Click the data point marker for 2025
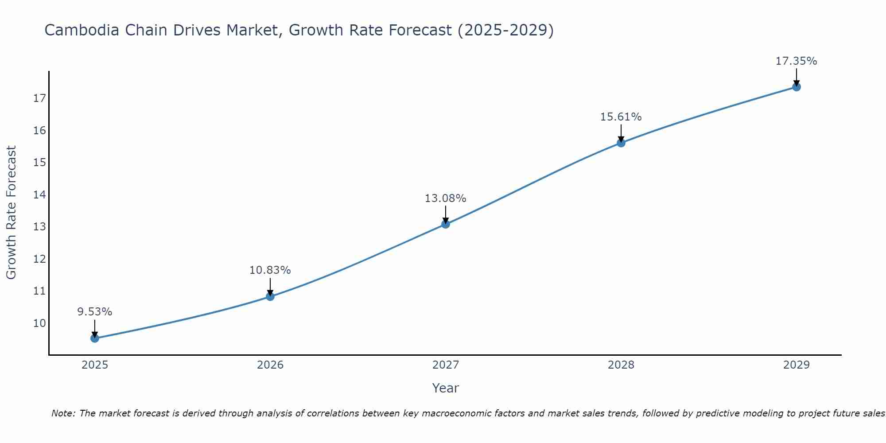pos(95,338)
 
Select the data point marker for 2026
pos(270,296)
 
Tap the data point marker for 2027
pos(446,224)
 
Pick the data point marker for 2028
pos(621,143)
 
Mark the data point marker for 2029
pos(797,87)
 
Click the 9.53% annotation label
pos(95,312)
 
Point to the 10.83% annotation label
pos(270,270)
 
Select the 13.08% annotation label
pos(446,198)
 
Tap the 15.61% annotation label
pos(621,117)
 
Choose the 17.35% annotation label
pos(797,61)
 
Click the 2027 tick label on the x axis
pos(446,365)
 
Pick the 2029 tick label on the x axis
pos(797,365)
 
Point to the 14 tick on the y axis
pos(39,194)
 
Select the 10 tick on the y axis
pos(39,323)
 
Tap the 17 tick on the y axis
pos(39,98)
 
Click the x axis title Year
pos(446,388)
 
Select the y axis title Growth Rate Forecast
pos(11,213)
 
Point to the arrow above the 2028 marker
pos(621,133)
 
